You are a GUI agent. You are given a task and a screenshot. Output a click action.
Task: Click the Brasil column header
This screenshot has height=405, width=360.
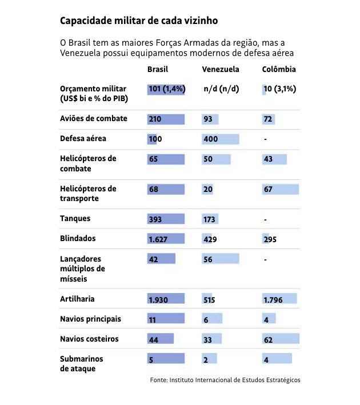click(x=158, y=69)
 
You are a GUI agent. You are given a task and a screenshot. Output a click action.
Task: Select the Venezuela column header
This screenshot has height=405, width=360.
click(x=221, y=69)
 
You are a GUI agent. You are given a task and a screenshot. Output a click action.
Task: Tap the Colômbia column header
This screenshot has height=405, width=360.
click(x=279, y=69)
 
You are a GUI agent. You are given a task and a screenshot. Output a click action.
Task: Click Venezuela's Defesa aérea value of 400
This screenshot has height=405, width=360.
click(x=211, y=139)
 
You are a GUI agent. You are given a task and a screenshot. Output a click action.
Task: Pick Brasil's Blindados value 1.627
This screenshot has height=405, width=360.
click(x=158, y=239)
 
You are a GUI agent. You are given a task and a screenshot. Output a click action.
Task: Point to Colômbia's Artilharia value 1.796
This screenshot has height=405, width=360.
click(x=273, y=300)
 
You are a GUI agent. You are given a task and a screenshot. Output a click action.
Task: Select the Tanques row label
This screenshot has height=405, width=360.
click(x=75, y=219)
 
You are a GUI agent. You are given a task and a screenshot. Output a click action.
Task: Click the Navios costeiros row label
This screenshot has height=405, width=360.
click(x=89, y=339)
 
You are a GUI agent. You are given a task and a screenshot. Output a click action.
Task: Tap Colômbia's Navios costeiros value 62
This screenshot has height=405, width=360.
click(x=268, y=340)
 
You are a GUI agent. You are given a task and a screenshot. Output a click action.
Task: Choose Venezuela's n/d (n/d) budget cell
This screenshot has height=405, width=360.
click(x=221, y=89)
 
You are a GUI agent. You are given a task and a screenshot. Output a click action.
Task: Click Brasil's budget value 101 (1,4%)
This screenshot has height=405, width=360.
click(x=167, y=89)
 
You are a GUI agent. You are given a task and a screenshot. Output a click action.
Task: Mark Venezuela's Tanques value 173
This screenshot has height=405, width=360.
click(x=209, y=219)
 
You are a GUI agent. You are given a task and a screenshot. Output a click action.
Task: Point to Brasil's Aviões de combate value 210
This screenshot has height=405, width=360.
click(x=155, y=119)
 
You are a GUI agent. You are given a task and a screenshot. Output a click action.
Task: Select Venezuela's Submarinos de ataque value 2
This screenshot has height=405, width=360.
click(x=206, y=360)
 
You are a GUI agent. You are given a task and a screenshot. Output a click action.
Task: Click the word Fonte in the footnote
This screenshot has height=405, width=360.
click(x=158, y=380)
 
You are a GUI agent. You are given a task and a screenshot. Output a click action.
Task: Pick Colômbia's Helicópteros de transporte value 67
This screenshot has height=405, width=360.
click(x=268, y=189)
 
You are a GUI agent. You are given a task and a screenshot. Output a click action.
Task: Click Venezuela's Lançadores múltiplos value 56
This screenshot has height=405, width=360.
click(x=208, y=259)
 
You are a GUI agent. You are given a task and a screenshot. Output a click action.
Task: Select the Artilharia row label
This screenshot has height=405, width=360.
click(x=77, y=299)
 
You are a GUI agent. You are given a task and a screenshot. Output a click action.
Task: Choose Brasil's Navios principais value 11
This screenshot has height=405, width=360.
click(x=152, y=320)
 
